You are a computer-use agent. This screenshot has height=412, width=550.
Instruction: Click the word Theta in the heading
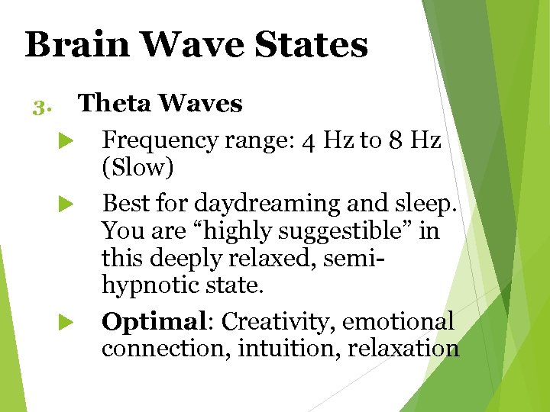(x=112, y=103)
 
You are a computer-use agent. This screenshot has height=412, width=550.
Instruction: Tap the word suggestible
(x=325, y=231)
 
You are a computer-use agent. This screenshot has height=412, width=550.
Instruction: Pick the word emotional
(x=398, y=322)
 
